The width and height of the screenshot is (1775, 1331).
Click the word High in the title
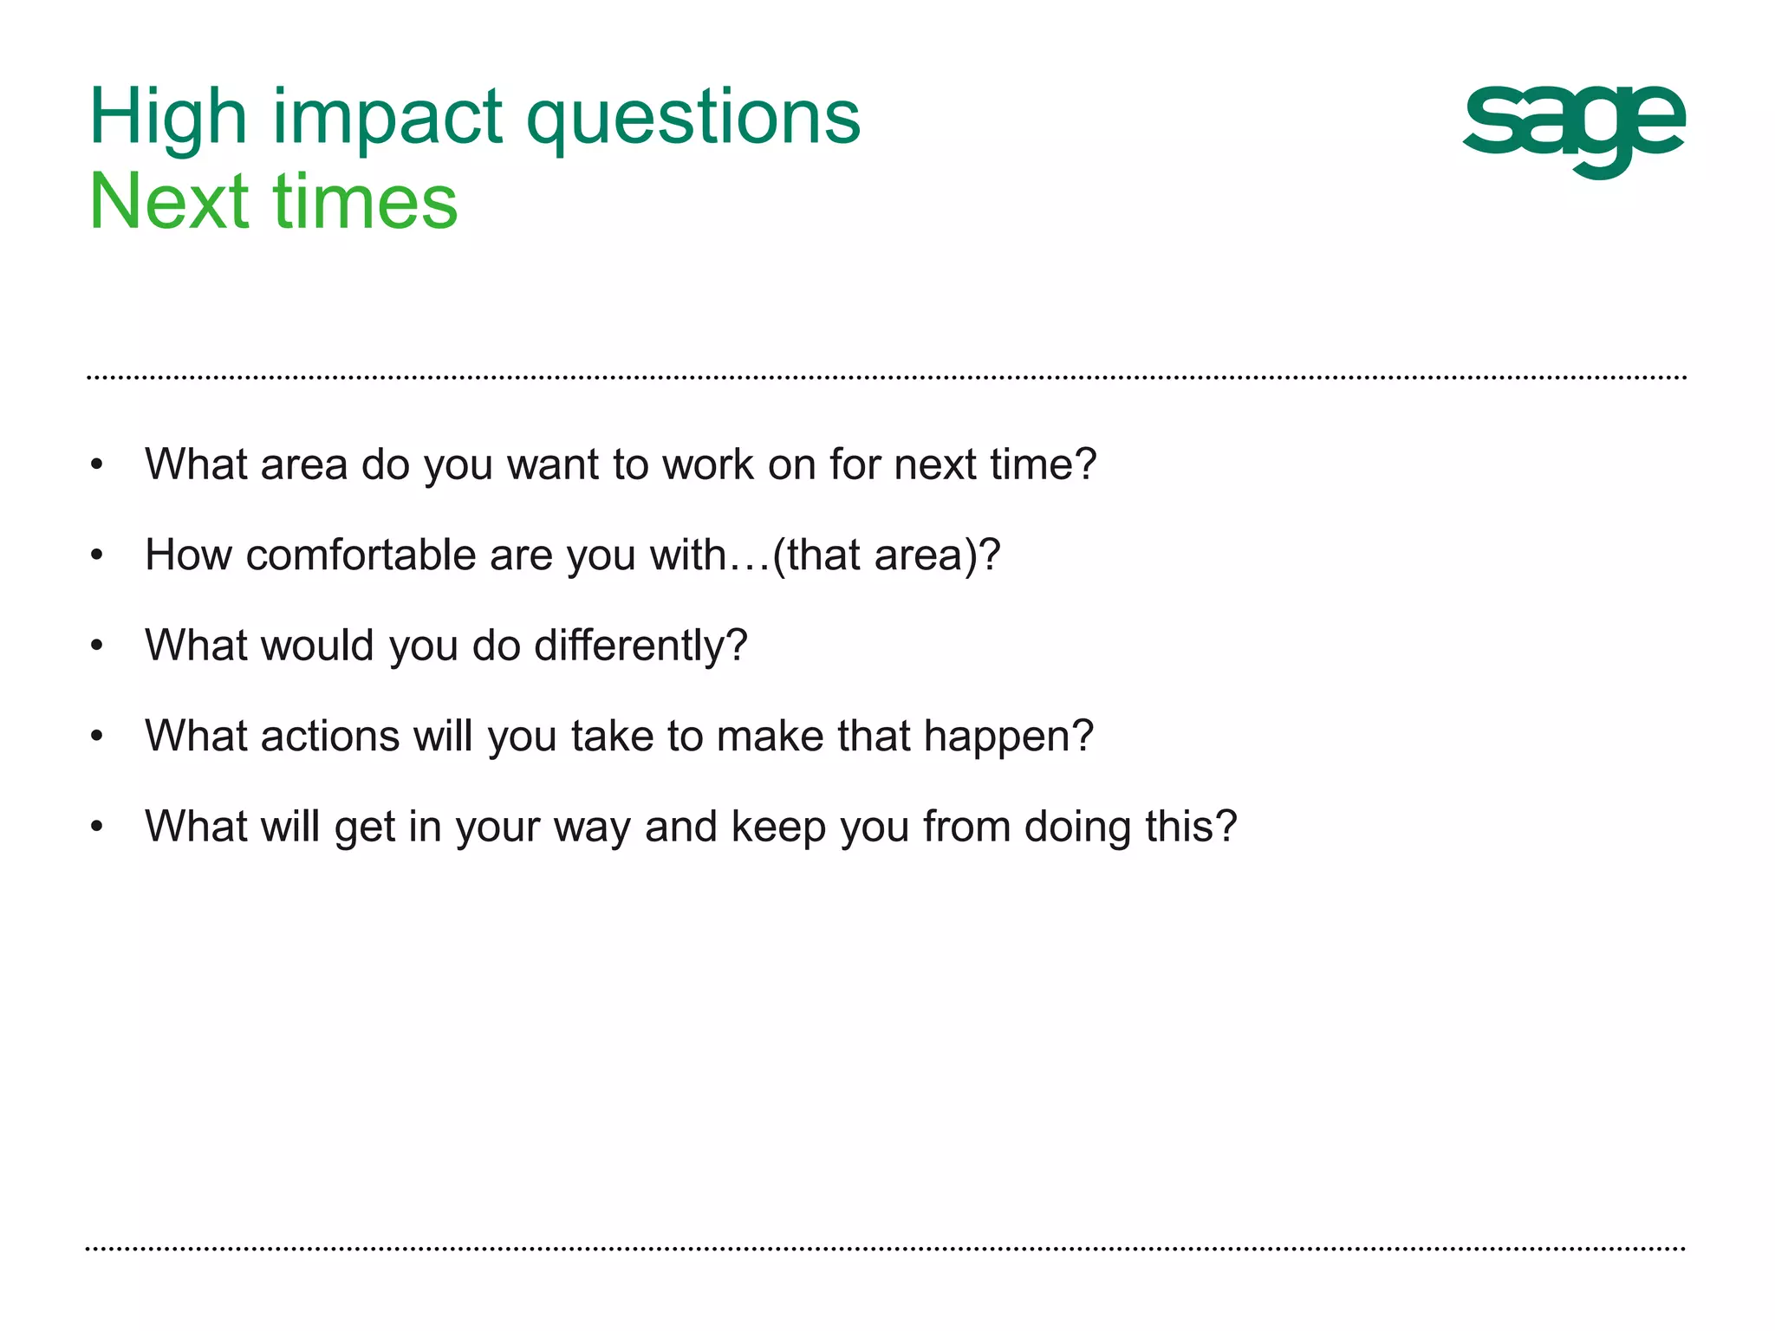pos(168,118)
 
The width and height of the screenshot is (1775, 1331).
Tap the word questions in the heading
pos(693,118)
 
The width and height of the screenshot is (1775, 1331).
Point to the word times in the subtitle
pos(365,202)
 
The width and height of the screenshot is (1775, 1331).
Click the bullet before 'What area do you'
pos(97,465)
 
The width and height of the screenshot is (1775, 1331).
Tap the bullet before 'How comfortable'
pos(97,555)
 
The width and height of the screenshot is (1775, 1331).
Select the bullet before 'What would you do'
pos(97,646)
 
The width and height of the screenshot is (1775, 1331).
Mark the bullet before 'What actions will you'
pos(97,737)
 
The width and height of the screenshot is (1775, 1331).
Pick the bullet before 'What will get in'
pos(97,828)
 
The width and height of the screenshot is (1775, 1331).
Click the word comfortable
pos(360,555)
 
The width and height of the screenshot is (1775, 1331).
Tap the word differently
pos(640,646)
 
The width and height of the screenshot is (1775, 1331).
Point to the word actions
pos(329,737)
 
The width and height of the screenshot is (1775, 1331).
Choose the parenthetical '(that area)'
pos(885,555)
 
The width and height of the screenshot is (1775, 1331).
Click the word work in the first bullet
pos(707,464)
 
